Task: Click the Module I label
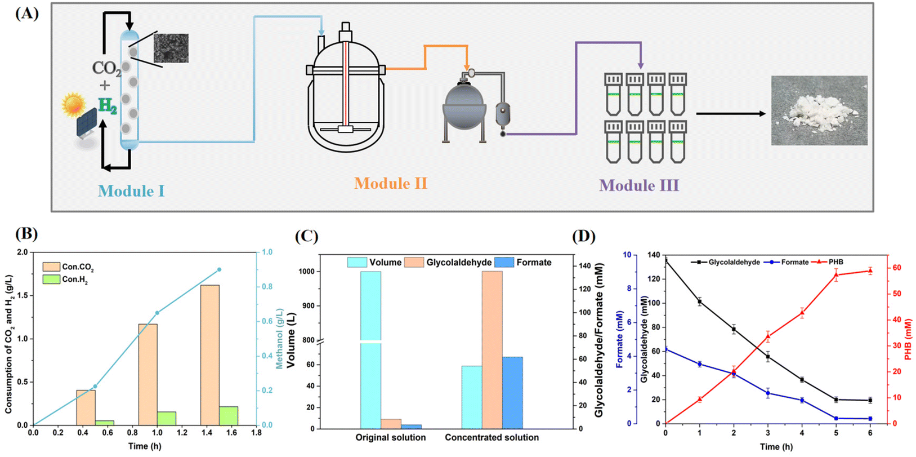tap(131, 191)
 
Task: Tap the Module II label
tap(391, 183)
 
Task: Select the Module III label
tap(639, 185)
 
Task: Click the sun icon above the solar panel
tap(74, 105)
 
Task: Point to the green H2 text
tap(108, 106)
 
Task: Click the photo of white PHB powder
tap(819, 110)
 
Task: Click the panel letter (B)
tap(26, 234)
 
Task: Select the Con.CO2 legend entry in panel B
tap(68, 267)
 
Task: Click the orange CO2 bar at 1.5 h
tap(210, 355)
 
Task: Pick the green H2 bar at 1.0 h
tap(167, 418)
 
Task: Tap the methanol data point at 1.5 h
tap(219, 269)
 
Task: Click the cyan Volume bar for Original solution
tap(370, 350)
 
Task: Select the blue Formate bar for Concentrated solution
tap(512, 393)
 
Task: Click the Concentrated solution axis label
tap(492, 437)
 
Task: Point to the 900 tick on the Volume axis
tap(309, 306)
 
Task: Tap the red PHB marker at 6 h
tap(870, 270)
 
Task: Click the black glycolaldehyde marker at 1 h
tap(700, 302)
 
